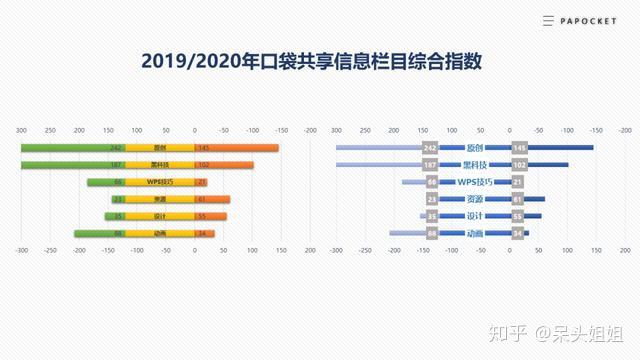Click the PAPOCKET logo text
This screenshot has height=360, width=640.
tap(593, 20)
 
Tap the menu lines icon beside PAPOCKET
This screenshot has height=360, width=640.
tap(548, 20)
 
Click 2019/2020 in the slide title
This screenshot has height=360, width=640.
tap(191, 62)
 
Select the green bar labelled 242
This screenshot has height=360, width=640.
tap(70, 148)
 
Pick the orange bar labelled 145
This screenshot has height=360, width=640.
tap(240, 148)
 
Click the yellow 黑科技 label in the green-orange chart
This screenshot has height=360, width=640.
tap(160, 165)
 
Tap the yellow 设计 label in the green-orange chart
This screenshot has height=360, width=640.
tap(160, 216)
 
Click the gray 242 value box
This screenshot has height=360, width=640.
tap(431, 148)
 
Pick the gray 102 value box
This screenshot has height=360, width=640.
tap(518, 165)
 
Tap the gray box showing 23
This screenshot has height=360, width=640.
tap(432, 199)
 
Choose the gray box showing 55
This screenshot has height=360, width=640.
tap(518, 216)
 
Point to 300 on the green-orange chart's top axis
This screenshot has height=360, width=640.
tap(21, 130)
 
